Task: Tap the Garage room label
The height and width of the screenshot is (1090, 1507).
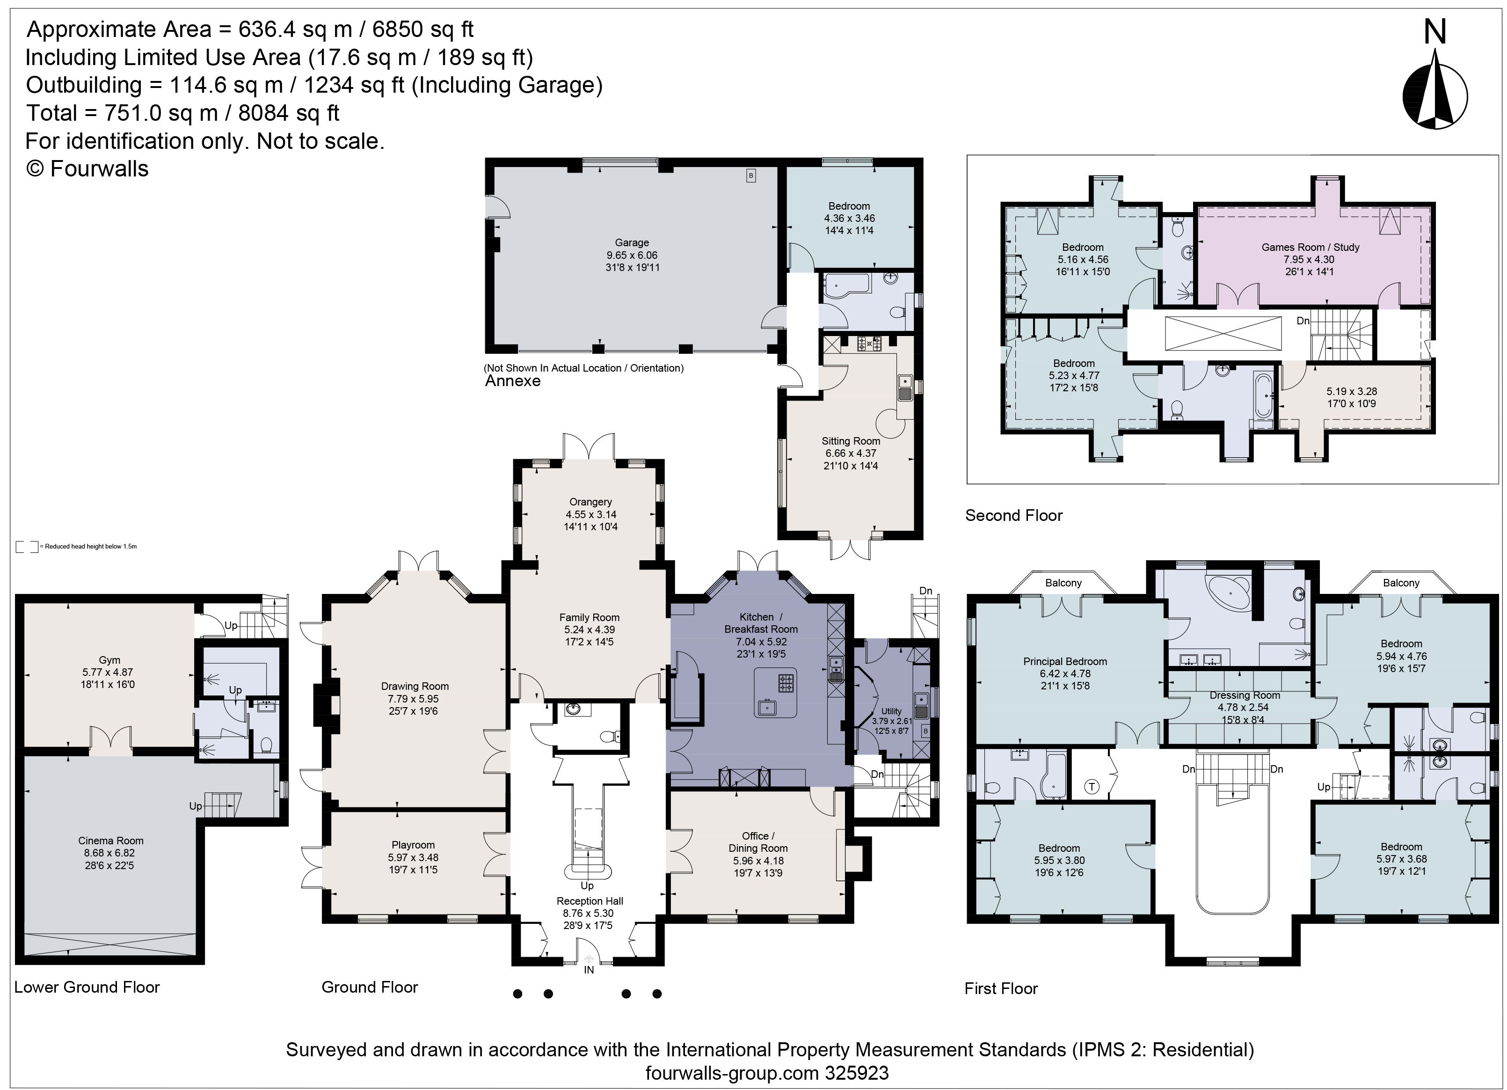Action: [x=631, y=242]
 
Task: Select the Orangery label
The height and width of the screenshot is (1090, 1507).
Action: [x=590, y=502]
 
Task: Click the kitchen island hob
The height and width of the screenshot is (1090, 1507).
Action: [x=786, y=683]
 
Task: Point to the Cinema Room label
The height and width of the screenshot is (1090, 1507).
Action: [x=110, y=841]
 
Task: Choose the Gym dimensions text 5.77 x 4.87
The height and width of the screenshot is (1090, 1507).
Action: [x=109, y=672]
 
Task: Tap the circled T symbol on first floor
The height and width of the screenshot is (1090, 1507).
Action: [x=1091, y=787]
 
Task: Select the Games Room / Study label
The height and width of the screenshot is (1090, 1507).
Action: [x=1310, y=247]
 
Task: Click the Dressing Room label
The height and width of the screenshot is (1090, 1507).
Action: [x=1245, y=695]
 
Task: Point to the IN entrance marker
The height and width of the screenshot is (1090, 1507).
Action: [x=589, y=970]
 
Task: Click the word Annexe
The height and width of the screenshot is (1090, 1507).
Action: [x=513, y=381]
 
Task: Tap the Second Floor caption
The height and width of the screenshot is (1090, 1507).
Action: [x=1013, y=515]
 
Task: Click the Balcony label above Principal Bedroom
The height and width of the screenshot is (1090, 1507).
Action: [x=1063, y=583]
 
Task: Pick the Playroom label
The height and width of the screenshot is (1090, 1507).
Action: [x=413, y=845]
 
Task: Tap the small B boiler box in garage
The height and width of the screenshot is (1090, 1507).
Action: [x=751, y=176]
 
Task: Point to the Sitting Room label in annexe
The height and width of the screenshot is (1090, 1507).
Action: [x=851, y=441]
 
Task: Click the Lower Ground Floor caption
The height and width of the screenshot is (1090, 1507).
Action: [x=87, y=987]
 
